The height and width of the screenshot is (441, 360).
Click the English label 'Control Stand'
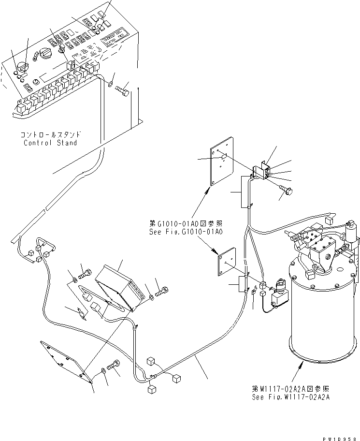(50, 143)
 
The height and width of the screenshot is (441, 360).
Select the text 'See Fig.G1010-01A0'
(186, 232)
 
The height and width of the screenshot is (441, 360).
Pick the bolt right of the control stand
(124, 90)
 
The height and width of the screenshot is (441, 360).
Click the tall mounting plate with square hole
(222, 165)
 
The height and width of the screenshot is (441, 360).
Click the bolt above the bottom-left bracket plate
(114, 367)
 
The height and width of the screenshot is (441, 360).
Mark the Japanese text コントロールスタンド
(50, 134)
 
